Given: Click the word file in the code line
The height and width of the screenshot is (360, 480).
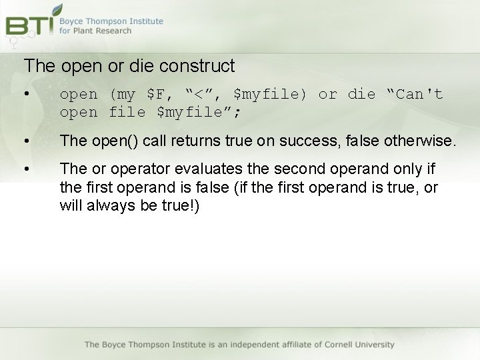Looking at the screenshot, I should click(127, 113).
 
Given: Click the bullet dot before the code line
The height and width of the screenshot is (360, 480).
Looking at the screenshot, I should click(27, 94).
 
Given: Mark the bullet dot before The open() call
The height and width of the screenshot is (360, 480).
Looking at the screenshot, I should click(27, 141).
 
